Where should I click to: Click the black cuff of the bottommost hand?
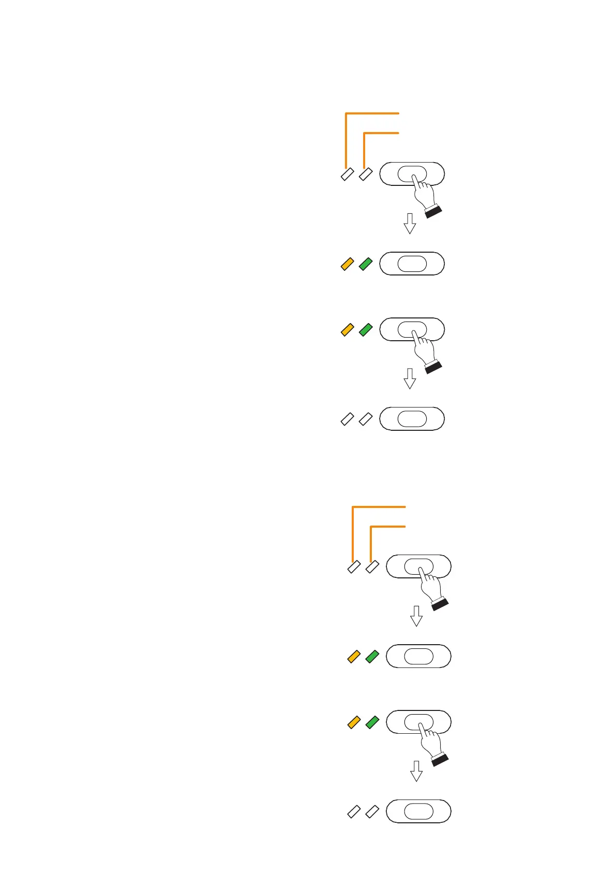click(x=440, y=760)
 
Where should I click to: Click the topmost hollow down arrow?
click(x=410, y=223)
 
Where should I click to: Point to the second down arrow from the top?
click(x=410, y=379)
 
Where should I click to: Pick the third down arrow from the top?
click(x=416, y=616)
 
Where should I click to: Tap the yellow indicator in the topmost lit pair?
click(x=347, y=264)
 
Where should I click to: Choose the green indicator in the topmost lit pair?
click(x=366, y=264)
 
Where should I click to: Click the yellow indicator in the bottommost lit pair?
click(x=354, y=722)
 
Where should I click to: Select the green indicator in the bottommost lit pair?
click(x=372, y=722)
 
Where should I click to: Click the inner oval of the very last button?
click(x=418, y=811)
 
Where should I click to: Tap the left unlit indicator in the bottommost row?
click(x=354, y=811)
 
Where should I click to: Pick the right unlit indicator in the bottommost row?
click(x=372, y=811)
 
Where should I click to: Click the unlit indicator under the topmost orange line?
click(x=347, y=175)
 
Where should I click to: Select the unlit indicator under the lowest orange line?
click(x=372, y=567)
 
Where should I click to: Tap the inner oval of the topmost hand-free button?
click(x=412, y=264)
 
